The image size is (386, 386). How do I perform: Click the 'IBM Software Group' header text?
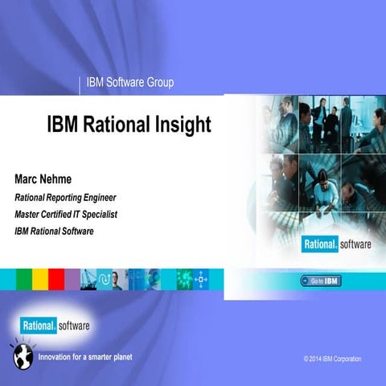pyautogui.click(x=129, y=82)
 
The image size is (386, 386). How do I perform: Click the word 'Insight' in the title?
pyautogui.click(x=182, y=125)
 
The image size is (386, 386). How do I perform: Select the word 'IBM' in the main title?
pyautogui.click(x=65, y=125)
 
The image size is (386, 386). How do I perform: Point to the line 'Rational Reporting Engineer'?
pyautogui.click(x=65, y=197)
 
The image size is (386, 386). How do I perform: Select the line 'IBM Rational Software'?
pyautogui.click(x=54, y=231)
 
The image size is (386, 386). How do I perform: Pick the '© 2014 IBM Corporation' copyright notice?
pyautogui.click(x=332, y=358)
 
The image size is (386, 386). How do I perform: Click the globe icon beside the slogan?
pyautogui.click(x=22, y=355)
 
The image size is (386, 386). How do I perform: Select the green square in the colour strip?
pyautogui.click(x=23, y=279)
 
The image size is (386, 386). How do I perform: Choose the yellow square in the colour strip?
pyautogui.click(x=39, y=279)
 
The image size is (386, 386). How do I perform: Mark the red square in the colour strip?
pyautogui.click(x=55, y=279)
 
